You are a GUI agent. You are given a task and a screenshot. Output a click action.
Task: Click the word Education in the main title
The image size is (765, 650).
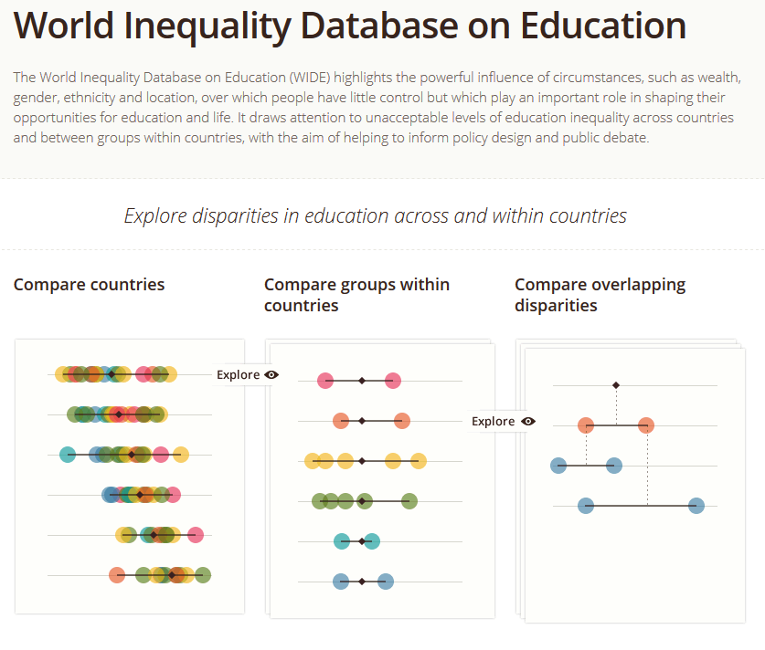coord(603,26)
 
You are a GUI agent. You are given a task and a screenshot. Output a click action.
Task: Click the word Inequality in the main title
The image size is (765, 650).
coord(194,26)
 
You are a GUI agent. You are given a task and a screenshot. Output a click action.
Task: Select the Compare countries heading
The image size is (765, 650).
coord(89,285)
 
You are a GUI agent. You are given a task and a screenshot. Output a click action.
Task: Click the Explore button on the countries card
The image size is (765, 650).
coord(247,374)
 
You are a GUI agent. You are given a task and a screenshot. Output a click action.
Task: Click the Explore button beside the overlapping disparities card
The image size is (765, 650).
coord(503,421)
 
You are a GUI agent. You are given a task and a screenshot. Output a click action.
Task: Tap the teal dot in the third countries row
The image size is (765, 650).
coord(67,455)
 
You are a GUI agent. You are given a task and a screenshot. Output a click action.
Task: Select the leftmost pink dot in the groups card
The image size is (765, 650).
coord(324,381)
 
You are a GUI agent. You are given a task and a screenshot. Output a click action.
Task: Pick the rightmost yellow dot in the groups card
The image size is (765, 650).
coord(418,461)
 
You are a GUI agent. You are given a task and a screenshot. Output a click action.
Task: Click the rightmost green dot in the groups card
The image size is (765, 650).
coord(409,500)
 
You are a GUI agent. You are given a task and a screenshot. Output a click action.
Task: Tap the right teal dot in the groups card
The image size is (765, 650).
coord(371,540)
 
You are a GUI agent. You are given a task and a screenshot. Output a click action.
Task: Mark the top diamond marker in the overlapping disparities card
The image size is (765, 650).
coord(616,385)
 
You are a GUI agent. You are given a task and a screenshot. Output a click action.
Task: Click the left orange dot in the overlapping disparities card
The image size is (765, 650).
coord(586,425)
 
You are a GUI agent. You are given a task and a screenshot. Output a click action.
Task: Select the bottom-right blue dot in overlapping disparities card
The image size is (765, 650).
coord(696,505)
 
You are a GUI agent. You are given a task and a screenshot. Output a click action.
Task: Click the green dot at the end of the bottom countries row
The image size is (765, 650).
coord(203,575)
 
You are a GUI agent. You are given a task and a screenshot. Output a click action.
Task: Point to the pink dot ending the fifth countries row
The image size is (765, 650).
coord(195,535)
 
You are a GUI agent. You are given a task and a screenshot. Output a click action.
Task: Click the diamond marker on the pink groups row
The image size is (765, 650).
coord(362,381)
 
